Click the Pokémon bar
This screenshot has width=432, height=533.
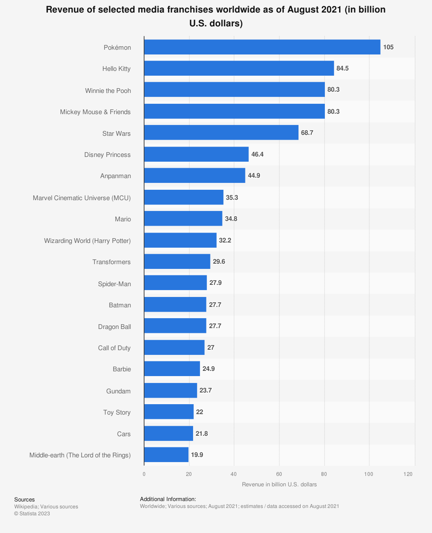pos(262,47)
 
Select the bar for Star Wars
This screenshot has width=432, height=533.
pos(221,133)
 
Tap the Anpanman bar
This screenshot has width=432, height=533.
pos(194,176)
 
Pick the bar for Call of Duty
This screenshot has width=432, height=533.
pos(174,348)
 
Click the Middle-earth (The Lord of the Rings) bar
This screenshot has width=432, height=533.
pos(166,455)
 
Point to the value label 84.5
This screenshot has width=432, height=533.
pos(343,68)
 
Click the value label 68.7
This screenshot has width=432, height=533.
pos(307,133)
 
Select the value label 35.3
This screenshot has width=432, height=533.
pos(232,197)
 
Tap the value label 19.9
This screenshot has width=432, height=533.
pos(197,455)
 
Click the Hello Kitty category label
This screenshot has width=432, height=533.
pos(116,69)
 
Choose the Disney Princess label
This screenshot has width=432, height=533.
pos(107,155)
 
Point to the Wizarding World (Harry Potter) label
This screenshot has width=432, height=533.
pos(87,240)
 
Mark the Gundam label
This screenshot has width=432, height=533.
pos(118,391)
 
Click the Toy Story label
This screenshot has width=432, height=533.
pos(117,412)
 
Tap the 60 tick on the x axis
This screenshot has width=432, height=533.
pos(279,474)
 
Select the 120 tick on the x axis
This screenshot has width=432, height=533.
pos(408,474)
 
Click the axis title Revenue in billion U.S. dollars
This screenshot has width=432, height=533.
pos(279,485)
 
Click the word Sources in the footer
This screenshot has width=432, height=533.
pos(24,500)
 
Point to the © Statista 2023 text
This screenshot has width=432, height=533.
pos(32,514)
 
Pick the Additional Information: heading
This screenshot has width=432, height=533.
pos(168,499)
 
